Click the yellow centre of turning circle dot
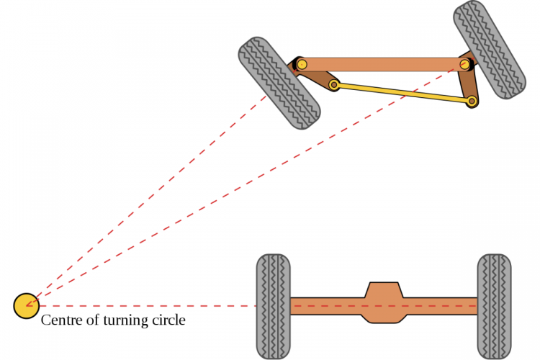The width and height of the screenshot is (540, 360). pos(27,306)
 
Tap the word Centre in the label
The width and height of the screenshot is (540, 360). pos(60,320)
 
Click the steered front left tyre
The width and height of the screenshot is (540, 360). pos(279,83)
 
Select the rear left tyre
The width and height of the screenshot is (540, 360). pos(274,306)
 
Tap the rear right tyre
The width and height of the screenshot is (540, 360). pos(494,306)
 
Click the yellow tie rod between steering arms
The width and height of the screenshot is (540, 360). pos(403,94)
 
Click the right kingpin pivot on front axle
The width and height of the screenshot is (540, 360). pos(465,64)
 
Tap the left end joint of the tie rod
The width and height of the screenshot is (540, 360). pos(334,85)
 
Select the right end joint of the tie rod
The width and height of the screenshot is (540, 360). pos(472,102)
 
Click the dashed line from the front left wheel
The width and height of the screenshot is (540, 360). pos(144,202)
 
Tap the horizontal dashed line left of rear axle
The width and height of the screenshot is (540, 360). pos(144,306)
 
